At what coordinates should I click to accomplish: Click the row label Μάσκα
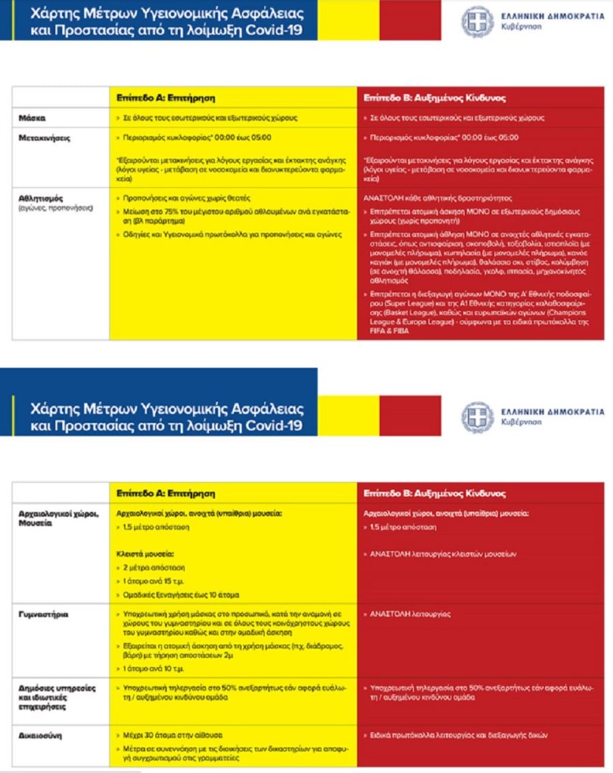coord(32,118)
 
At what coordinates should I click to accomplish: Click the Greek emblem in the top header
coord(477,20)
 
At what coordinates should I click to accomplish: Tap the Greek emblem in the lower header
coord(477,417)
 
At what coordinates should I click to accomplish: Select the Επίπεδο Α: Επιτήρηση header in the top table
coord(166,97)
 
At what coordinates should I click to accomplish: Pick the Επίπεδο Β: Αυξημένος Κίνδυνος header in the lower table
coord(434,493)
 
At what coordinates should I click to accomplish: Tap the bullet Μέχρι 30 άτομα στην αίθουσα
coord(170,736)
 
